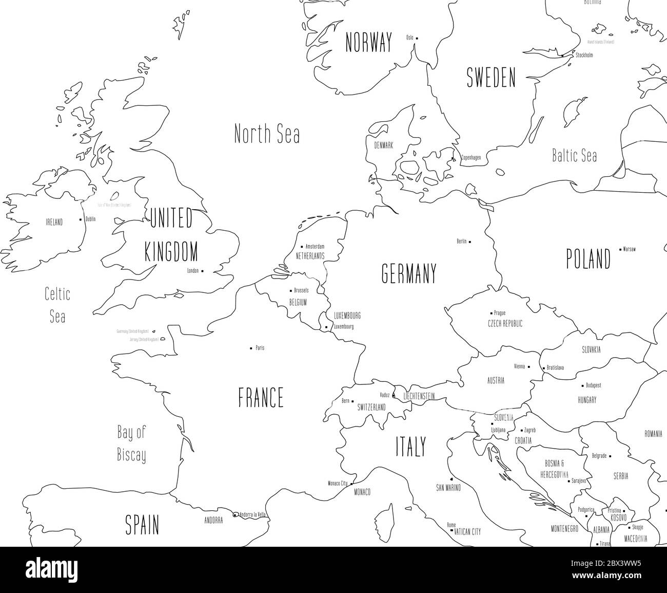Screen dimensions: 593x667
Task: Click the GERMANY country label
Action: pos(409,273)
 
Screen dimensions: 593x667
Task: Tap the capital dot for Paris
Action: pos(251,348)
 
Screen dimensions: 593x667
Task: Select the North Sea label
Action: pos(267,134)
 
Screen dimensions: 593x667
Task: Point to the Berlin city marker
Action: pos(470,241)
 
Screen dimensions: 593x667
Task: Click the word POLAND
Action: pos(588,258)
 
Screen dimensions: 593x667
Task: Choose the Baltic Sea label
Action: pos(574,155)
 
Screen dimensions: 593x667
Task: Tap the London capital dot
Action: pos(203,271)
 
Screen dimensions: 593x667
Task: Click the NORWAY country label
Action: pos(368,42)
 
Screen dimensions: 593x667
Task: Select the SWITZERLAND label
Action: pos(371,407)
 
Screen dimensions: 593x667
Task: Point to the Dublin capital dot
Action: pos(81,219)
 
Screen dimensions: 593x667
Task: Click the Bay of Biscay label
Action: pos(131,443)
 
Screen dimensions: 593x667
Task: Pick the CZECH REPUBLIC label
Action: pos(505,324)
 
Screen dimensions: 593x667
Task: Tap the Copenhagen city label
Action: pos(471,158)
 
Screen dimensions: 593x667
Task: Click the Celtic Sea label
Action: pos(57,305)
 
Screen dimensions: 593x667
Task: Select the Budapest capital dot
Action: pos(582,385)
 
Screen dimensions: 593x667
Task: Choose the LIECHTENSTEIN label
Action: pos(419,396)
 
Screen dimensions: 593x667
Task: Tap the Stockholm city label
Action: pos(584,55)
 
